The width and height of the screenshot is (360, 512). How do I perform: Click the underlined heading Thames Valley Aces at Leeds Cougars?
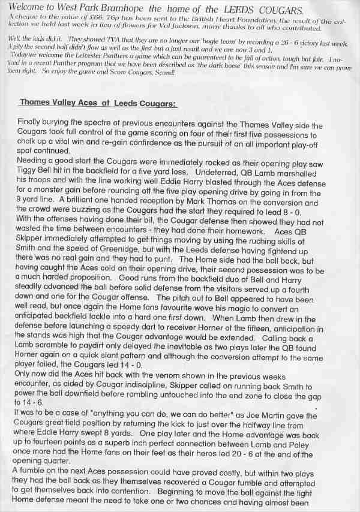coord(98,103)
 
